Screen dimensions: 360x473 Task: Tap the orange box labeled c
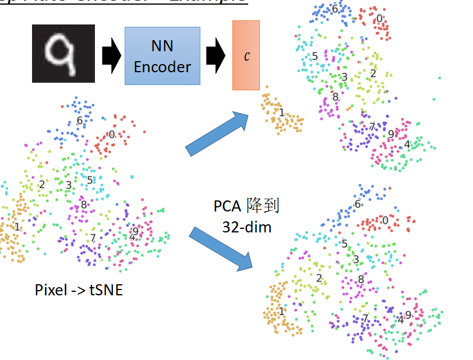point(246,55)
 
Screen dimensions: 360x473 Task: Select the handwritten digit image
point(63,54)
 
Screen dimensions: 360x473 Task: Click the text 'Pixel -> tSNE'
point(79,290)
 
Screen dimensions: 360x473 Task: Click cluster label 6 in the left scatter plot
point(80,121)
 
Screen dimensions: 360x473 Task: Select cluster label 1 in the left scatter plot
point(17,226)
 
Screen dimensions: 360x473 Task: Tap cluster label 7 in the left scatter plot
point(93,238)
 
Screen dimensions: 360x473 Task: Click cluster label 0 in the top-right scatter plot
point(379,19)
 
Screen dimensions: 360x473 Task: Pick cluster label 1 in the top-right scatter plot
point(281,112)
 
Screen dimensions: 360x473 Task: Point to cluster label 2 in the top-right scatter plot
point(373,73)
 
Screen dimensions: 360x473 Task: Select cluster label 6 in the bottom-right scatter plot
point(358,204)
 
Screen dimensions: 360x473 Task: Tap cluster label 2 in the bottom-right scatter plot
point(319,278)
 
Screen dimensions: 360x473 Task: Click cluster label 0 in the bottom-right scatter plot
point(384,220)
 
